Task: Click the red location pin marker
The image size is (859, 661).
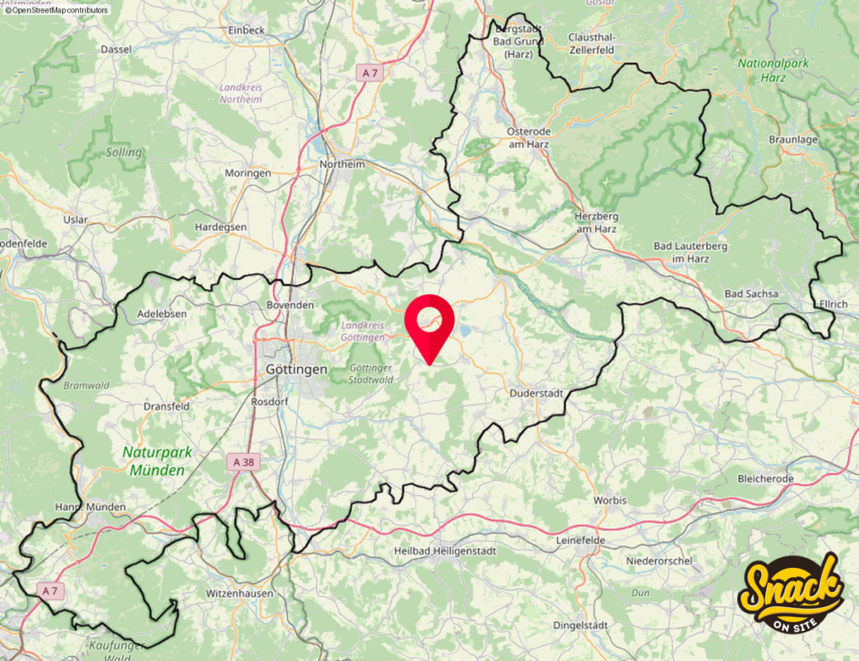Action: click(x=429, y=323)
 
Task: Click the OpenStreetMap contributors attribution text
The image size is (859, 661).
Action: click(x=56, y=10)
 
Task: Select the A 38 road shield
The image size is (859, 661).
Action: click(x=243, y=461)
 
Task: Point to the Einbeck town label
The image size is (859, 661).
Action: click(x=247, y=30)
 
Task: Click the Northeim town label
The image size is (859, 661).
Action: click(x=342, y=164)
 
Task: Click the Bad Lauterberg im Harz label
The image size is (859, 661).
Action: click(x=690, y=252)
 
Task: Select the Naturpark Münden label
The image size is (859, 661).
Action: click(x=157, y=461)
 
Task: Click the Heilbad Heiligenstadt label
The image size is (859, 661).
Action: click(x=446, y=550)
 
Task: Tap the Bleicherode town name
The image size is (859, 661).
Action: click(x=765, y=478)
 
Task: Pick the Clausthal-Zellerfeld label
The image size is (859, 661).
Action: click(x=591, y=44)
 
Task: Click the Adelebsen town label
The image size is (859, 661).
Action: click(x=162, y=314)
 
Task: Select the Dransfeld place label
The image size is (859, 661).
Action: click(x=167, y=406)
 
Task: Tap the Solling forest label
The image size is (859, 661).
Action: click(x=124, y=153)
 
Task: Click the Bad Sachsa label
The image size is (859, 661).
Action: click(x=751, y=294)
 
